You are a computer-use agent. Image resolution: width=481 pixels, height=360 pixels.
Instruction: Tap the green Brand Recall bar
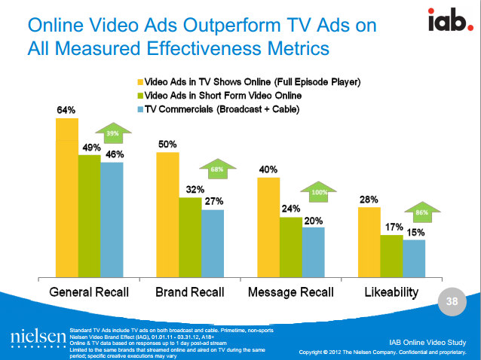[189, 237]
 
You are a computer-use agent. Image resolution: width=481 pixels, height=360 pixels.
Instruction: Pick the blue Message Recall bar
[314, 252]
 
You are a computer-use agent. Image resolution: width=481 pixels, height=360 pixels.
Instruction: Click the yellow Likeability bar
[369, 242]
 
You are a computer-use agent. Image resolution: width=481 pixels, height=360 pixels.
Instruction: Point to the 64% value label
[66, 111]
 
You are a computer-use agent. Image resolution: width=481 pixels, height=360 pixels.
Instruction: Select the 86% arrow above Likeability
[421, 212]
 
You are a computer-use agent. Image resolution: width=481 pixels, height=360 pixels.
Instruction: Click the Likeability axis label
[391, 291]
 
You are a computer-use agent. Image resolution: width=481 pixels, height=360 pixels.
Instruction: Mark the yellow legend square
[139, 81]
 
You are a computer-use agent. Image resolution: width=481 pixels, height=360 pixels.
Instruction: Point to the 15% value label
[416, 233]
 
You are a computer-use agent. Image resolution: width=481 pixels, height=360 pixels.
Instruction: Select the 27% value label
[214, 202]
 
